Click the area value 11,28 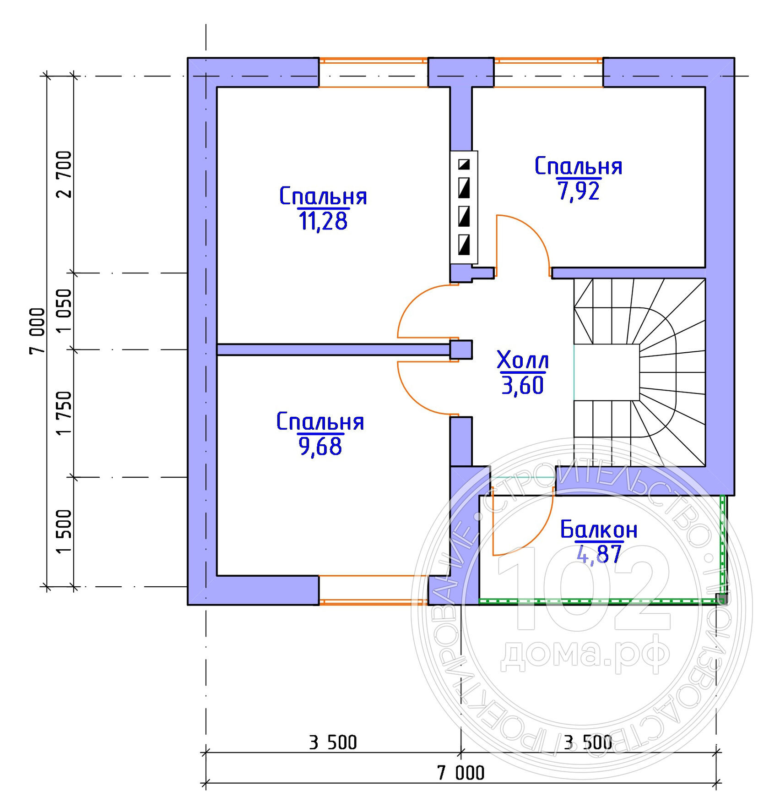pos(323,221)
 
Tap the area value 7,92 pos(579,191)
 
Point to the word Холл pos(523,360)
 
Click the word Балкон pos(599,530)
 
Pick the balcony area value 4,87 pos(599,554)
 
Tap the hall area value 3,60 pos(523,385)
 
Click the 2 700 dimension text pos(64,174)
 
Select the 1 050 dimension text pos(64,311)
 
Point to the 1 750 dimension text pos(64,413)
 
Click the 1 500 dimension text pos(64,531)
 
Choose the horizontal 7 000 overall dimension pos(460,773)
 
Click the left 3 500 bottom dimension pos(333,742)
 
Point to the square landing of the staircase pos(607,372)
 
